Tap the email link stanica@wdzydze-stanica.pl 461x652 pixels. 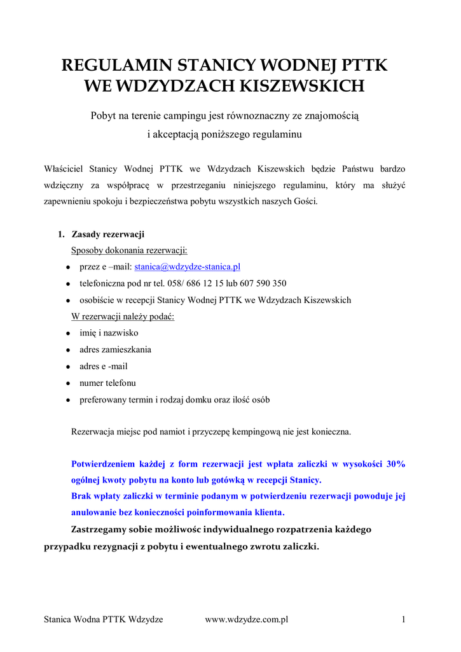point(187,267)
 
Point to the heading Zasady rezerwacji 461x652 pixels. point(107,234)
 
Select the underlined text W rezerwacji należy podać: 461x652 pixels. point(123,316)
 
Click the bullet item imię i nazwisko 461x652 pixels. point(109,333)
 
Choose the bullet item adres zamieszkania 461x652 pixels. point(115,350)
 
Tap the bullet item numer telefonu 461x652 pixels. point(107,383)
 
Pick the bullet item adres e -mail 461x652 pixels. point(104,366)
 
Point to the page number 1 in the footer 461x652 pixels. point(404,619)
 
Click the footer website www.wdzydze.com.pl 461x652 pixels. point(247,619)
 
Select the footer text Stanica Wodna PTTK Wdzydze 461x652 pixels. point(103,619)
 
